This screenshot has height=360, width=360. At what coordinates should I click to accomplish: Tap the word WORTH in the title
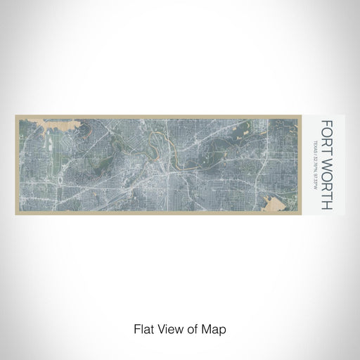click(327, 181)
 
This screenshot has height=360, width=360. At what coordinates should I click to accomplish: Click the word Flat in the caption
click(141, 328)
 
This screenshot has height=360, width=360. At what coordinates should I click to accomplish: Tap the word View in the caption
click(167, 328)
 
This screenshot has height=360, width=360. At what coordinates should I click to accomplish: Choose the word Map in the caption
click(217, 328)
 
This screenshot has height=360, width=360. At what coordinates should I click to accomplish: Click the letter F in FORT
click(327, 124)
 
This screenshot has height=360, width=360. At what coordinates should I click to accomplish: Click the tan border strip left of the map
click(18, 165)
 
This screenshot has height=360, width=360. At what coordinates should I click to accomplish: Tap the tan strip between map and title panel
click(305, 165)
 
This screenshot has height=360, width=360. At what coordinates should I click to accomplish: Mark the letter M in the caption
click(211, 328)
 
